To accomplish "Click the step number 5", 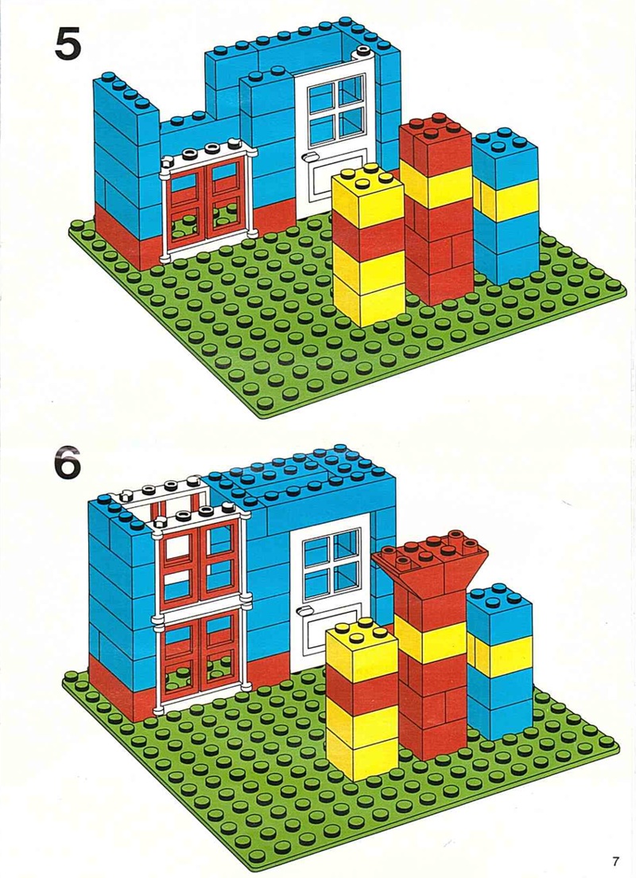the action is click(x=68, y=44).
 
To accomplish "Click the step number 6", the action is click(x=68, y=462).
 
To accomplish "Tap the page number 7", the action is click(x=615, y=861).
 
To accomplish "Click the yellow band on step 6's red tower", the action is click(x=430, y=638).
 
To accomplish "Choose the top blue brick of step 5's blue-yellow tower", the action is click(x=505, y=158).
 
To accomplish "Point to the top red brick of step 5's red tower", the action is click(x=436, y=142).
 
